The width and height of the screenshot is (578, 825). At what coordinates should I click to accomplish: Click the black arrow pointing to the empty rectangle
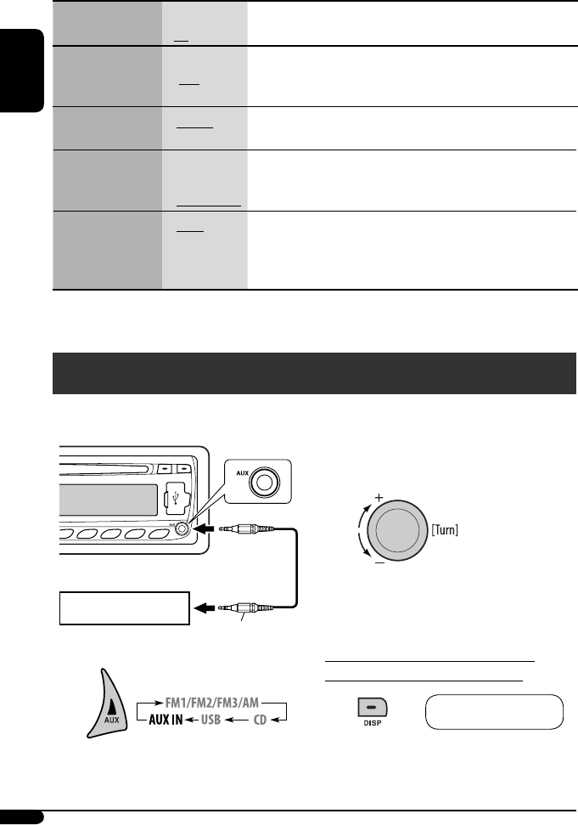pyautogui.click(x=203, y=608)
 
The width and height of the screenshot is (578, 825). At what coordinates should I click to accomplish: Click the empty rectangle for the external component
pyautogui.click(x=122, y=608)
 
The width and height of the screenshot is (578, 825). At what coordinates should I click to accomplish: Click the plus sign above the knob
pyautogui.click(x=379, y=496)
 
